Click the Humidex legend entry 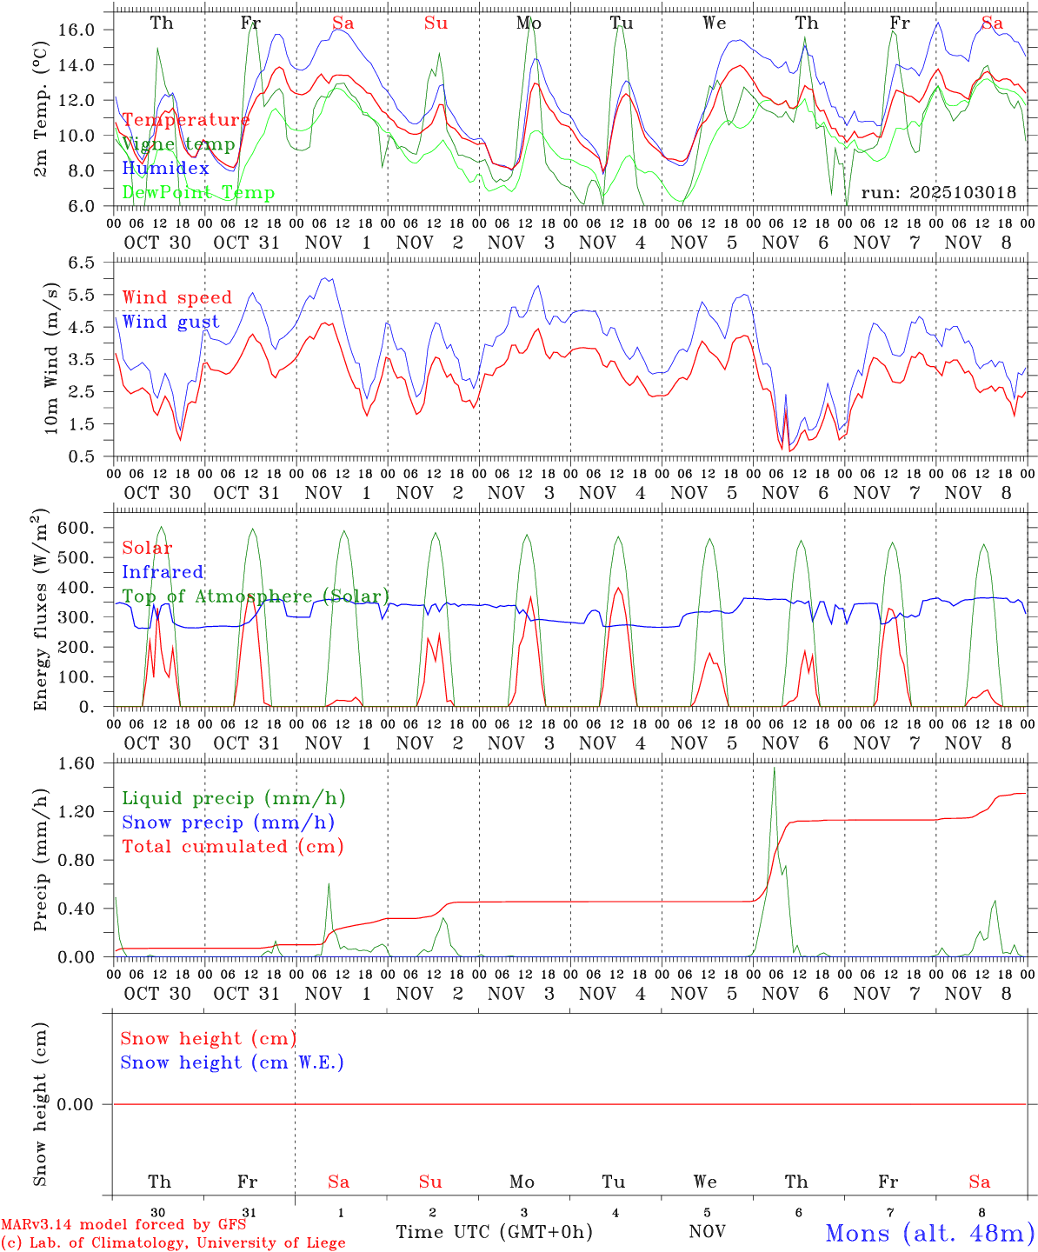(x=165, y=169)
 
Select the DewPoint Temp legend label (x=198, y=193)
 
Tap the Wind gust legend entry (x=170, y=322)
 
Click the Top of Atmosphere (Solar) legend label (x=256, y=596)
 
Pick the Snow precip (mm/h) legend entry (x=228, y=822)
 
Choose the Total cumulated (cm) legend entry (x=232, y=847)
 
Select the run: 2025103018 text (x=938, y=192)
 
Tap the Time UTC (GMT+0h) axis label (x=494, y=1232)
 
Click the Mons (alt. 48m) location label (x=929, y=1233)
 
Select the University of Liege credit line (x=173, y=1243)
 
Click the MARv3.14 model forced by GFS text (x=123, y=1225)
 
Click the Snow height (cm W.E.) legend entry (x=232, y=1062)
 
